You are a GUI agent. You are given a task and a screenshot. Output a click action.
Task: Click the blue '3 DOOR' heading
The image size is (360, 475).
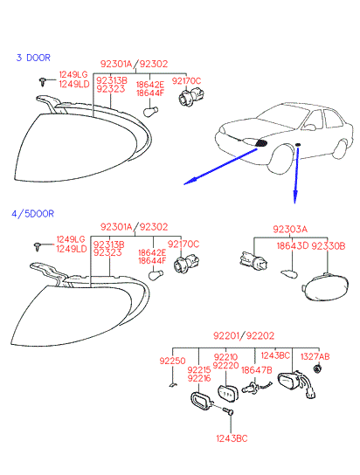(x=33, y=58)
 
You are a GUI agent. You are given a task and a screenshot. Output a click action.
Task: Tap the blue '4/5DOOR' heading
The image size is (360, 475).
(x=32, y=214)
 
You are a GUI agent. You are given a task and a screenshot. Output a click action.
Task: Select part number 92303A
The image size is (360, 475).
(x=290, y=229)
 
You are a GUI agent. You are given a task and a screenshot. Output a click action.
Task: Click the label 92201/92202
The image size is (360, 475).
(x=244, y=335)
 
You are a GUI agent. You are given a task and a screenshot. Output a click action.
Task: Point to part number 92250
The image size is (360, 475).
(x=172, y=361)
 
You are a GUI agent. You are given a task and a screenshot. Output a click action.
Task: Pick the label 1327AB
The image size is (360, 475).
(x=315, y=356)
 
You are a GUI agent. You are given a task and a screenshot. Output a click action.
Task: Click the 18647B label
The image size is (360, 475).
(x=257, y=370)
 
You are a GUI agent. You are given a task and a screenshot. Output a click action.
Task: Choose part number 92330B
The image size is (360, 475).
(x=329, y=245)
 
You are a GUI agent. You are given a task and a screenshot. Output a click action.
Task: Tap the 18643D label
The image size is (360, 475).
(x=292, y=245)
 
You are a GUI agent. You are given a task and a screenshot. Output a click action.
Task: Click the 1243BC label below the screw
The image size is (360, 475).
(x=232, y=438)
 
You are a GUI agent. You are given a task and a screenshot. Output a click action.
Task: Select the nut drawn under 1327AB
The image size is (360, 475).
(x=317, y=369)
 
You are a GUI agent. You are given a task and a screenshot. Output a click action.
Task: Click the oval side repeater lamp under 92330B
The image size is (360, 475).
(x=325, y=287)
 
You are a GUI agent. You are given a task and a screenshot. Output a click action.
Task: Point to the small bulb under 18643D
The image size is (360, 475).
(x=289, y=274)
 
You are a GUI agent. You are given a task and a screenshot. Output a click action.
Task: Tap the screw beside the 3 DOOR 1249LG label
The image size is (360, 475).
(x=43, y=81)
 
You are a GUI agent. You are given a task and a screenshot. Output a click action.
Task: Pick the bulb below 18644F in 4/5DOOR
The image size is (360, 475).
(x=156, y=275)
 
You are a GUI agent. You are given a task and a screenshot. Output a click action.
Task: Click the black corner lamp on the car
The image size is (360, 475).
(x=261, y=143)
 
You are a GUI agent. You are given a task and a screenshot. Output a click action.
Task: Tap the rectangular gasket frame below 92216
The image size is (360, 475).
(x=201, y=402)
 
